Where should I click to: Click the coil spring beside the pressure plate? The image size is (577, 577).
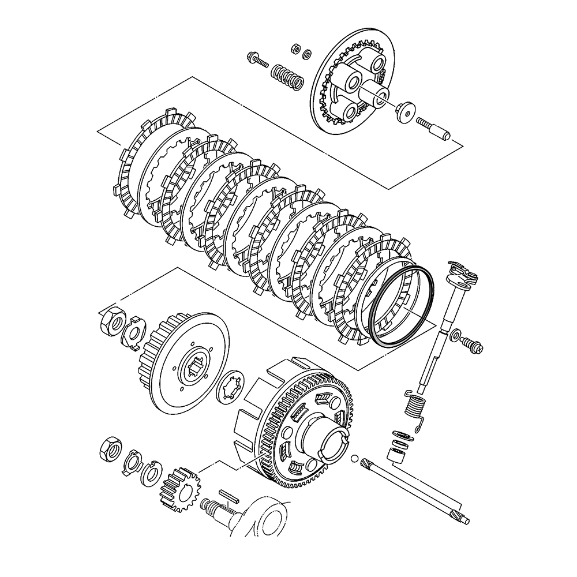tap(287, 76)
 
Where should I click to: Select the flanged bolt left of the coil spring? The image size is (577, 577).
tap(256, 59)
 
